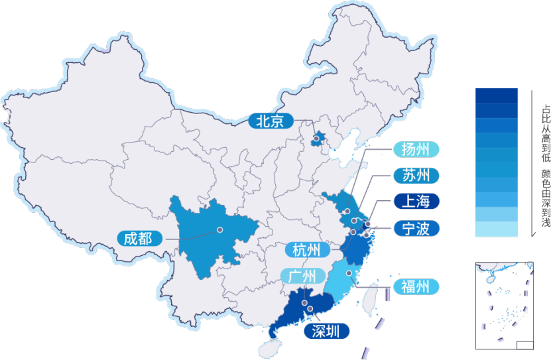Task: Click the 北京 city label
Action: [270, 121]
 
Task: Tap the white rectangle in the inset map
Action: [524, 345]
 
